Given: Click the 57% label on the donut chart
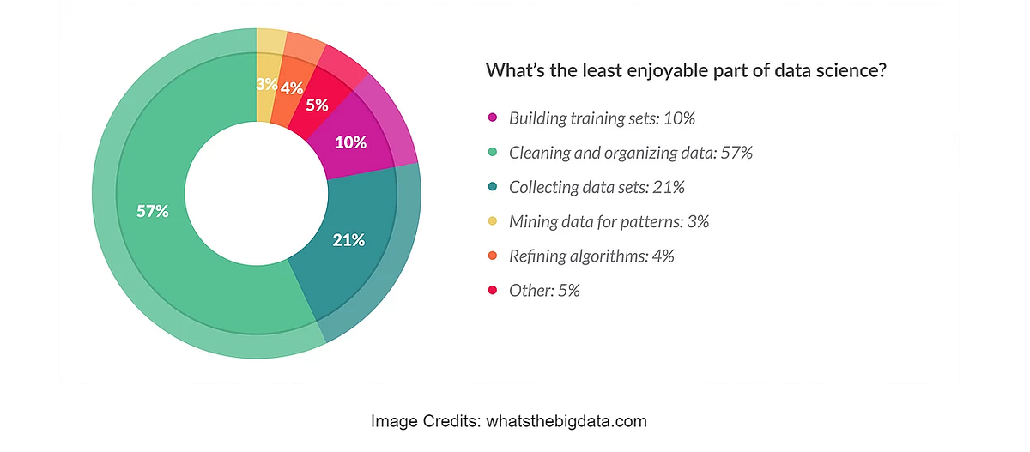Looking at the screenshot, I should (x=152, y=211).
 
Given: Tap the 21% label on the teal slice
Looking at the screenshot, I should (x=348, y=240).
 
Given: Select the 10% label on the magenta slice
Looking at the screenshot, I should (x=351, y=142).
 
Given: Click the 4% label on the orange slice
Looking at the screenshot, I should (x=291, y=87).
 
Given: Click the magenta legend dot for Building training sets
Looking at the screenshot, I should (x=493, y=118).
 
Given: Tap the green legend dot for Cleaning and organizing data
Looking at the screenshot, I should (x=493, y=153).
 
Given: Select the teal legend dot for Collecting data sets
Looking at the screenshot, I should (x=493, y=187).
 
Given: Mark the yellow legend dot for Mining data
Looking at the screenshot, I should (x=493, y=221).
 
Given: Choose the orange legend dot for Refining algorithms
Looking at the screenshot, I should (x=493, y=256).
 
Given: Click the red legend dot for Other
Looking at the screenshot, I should (x=493, y=290).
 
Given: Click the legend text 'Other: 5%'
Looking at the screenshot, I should (x=544, y=290).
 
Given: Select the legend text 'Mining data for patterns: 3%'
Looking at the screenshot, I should (x=609, y=221).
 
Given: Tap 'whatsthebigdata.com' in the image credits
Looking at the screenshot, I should (x=566, y=421).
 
